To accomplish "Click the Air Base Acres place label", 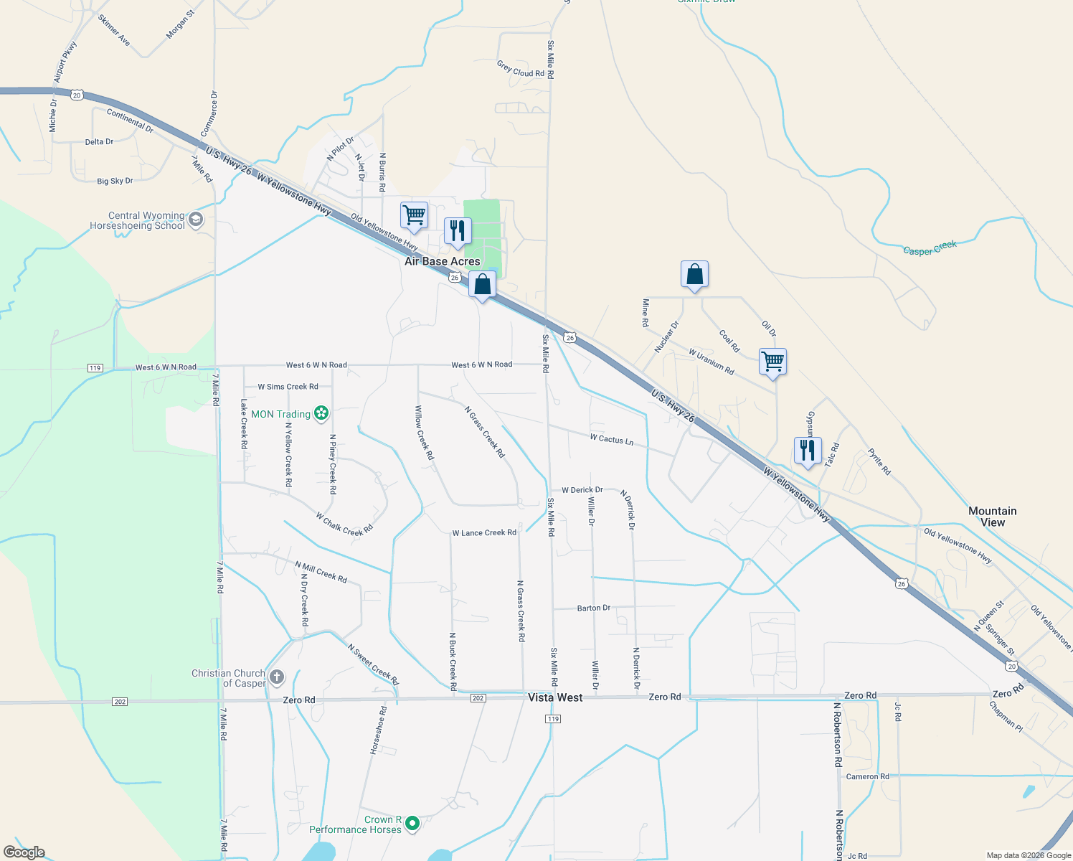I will (x=442, y=262).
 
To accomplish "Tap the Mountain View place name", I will (x=993, y=517).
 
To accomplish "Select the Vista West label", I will (x=555, y=697).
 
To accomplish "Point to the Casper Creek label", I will (x=930, y=248).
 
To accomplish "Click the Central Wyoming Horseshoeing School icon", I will (x=196, y=220).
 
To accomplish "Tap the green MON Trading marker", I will (x=321, y=413).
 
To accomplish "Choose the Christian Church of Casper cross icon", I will (x=277, y=677).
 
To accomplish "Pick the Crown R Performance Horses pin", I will (x=412, y=824).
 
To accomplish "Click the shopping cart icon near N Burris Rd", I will (x=415, y=215).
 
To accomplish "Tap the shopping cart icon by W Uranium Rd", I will (x=773, y=361).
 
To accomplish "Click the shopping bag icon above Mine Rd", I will (x=694, y=274).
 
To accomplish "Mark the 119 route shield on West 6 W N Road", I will (x=95, y=368).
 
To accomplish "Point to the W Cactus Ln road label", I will (x=612, y=439).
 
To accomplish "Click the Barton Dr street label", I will (x=594, y=608).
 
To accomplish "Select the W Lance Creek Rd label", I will (x=484, y=533).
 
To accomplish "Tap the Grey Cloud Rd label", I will (x=521, y=70).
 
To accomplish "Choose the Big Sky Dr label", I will (x=115, y=181).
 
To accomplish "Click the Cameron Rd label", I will (x=867, y=776).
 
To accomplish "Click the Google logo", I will (x=24, y=852).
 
